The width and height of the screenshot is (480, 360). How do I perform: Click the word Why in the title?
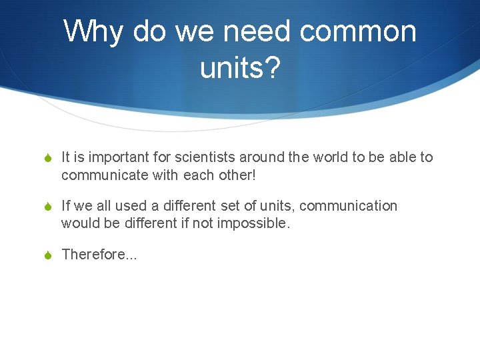(x=93, y=32)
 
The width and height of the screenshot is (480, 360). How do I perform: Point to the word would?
(x=79, y=223)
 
